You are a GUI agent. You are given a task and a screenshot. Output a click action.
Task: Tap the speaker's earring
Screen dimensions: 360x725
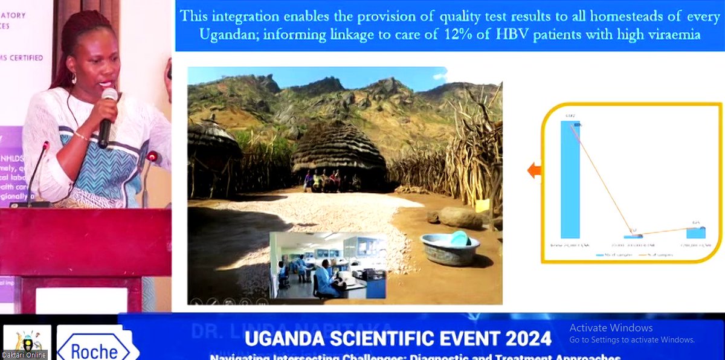pyautogui.click(x=75, y=79)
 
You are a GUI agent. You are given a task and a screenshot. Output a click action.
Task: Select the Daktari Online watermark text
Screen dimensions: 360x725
pyautogui.click(x=24, y=355)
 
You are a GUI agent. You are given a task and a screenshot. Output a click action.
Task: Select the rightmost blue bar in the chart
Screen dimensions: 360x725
pyautogui.click(x=696, y=233)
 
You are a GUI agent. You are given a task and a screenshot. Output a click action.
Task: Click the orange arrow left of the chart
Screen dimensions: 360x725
pyautogui.click(x=534, y=171)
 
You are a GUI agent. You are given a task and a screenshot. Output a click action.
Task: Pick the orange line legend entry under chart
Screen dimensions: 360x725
pyautogui.click(x=656, y=256)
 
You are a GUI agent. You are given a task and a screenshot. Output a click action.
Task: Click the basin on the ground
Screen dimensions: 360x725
pyautogui.click(x=450, y=248)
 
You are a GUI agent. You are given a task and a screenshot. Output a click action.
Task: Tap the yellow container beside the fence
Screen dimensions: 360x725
pyautogui.click(x=482, y=205)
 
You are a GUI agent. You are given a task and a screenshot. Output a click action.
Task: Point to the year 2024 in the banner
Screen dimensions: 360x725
pyautogui.click(x=525, y=337)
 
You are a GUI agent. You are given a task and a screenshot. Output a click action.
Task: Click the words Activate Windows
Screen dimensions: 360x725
pyautogui.click(x=611, y=328)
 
